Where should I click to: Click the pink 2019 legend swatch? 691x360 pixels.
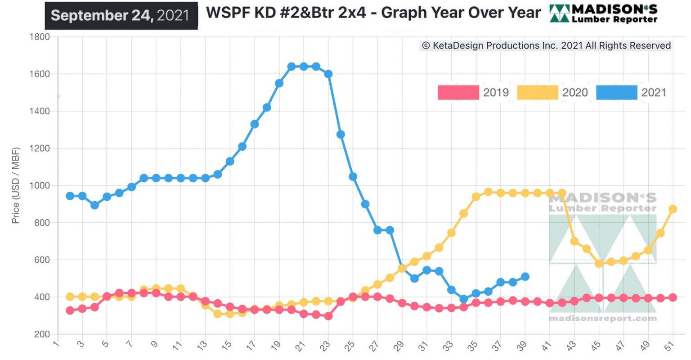click(458, 92)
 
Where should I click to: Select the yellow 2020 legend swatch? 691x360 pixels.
click(537, 92)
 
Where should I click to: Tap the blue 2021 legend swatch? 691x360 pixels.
click(616, 92)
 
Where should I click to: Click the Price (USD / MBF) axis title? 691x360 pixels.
click(16, 185)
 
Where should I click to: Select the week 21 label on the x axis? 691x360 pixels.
click(300, 346)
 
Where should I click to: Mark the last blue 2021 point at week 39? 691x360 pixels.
click(525, 277)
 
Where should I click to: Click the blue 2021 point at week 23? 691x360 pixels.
click(328, 74)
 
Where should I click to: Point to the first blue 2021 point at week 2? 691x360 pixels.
click(70, 196)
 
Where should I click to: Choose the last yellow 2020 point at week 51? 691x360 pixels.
click(673, 209)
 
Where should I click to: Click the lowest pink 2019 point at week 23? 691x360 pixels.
click(328, 316)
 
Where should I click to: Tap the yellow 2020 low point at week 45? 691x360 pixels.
click(599, 264)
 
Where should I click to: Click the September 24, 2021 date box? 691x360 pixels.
click(121, 15)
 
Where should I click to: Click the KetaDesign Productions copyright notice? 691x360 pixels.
click(546, 45)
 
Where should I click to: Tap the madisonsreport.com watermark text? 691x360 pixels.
click(602, 319)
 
